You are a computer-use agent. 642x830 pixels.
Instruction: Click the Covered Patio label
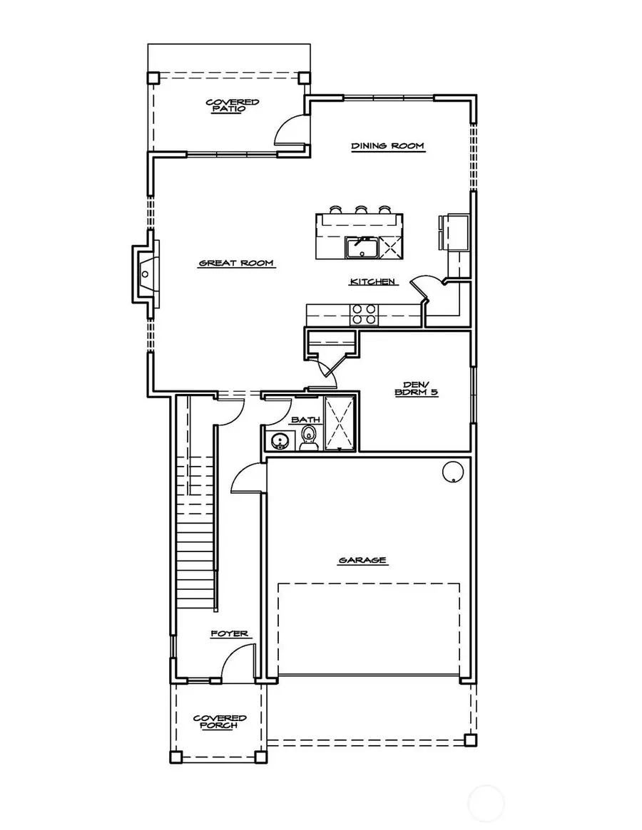click(x=233, y=106)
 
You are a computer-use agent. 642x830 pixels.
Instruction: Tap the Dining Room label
click(x=387, y=146)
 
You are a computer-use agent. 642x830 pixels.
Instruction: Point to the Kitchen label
click(x=372, y=282)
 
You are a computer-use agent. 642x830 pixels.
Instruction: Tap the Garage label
click(x=362, y=560)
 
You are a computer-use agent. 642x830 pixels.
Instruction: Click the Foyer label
click(x=229, y=633)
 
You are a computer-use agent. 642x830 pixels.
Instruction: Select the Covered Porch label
click(x=220, y=722)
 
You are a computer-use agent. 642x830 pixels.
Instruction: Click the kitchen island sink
click(x=362, y=248)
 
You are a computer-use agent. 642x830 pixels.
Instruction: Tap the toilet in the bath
click(x=310, y=438)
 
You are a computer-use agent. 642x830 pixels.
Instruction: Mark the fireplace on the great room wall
click(x=143, y=273)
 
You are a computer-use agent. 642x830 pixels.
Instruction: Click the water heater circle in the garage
click(x=452, y=472)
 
